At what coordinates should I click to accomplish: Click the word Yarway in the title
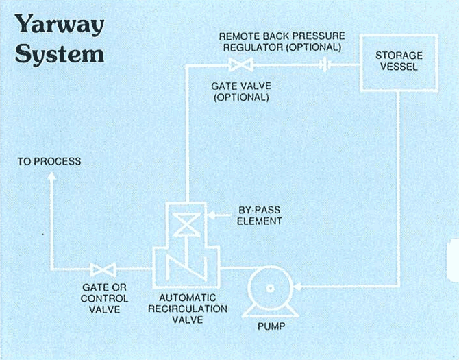tap(60, 25)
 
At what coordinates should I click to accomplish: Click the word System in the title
tap(60, 53)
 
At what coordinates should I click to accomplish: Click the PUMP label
tap(271, 326)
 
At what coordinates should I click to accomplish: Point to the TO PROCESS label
tap(49, 162)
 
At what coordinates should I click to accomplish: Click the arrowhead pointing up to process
tap(50, 178)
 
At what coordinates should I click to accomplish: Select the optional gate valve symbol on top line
tap(240, 66)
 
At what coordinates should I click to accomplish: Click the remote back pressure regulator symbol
tap(327, 66)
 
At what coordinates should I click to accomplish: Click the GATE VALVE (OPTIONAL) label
tap(240, 92)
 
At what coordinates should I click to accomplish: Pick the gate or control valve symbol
tap(104, 268)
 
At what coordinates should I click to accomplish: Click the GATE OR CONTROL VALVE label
tap(104, 299)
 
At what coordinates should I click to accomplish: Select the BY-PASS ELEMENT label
tap(258, 216)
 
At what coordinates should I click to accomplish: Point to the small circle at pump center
tap(268, 288)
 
